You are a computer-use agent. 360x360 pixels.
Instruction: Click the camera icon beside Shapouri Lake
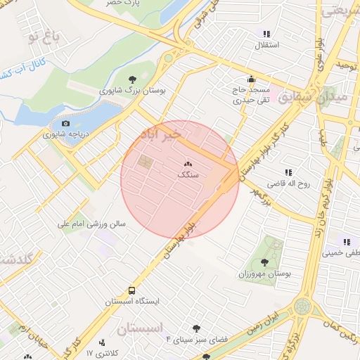click(65, 124)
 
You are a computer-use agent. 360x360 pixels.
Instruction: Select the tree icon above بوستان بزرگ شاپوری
click(134, 79)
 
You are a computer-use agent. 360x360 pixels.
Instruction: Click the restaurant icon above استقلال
click(266, 34)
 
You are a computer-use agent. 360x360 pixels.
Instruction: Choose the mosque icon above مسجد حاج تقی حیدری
click(251, 79)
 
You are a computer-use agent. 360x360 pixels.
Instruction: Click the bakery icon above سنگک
click(188, 163)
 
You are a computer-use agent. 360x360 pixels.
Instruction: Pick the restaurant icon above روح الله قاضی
click(288, 172)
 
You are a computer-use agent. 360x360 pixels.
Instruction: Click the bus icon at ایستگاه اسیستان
click(132, 290)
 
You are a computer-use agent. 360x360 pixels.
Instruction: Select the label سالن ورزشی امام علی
click(91, 224)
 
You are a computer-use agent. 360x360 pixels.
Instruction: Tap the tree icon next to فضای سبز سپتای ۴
click(196, 328)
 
